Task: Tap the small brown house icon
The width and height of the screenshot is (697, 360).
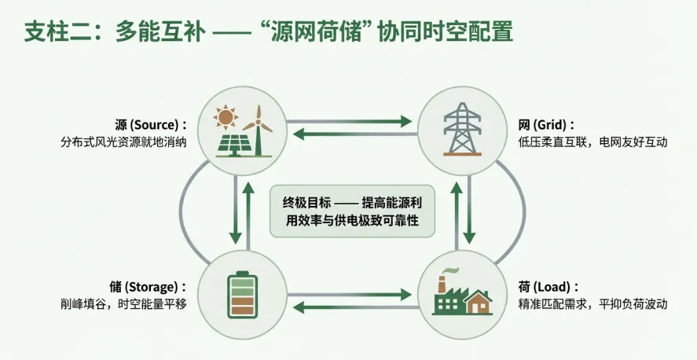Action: point(477,302)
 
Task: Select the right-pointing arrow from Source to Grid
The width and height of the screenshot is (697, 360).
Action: point(350,121)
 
